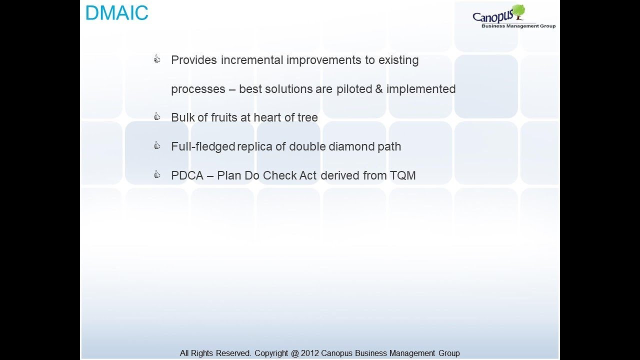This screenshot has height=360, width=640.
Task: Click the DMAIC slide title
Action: tap(116, 13)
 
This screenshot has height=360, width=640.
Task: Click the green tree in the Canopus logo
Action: tap(518, 11)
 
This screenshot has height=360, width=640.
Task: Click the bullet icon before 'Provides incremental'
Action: tap(157, 60)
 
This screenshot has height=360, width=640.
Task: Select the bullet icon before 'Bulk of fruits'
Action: tap(157, 117)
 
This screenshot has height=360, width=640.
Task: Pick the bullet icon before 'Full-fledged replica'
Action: tap(157, 146)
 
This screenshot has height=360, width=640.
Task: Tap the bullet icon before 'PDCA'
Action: tap(157, 175)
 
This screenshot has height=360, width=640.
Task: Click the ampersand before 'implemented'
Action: tap(379, 89)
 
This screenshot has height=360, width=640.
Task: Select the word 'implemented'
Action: tap(421, 89)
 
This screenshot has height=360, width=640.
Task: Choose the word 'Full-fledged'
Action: tap(202, 146)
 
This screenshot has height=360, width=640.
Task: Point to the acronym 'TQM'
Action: tap(402, 175)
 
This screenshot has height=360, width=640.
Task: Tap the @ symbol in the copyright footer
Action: tap(294, 353)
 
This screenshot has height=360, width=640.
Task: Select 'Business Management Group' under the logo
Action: tap(518, 26)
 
